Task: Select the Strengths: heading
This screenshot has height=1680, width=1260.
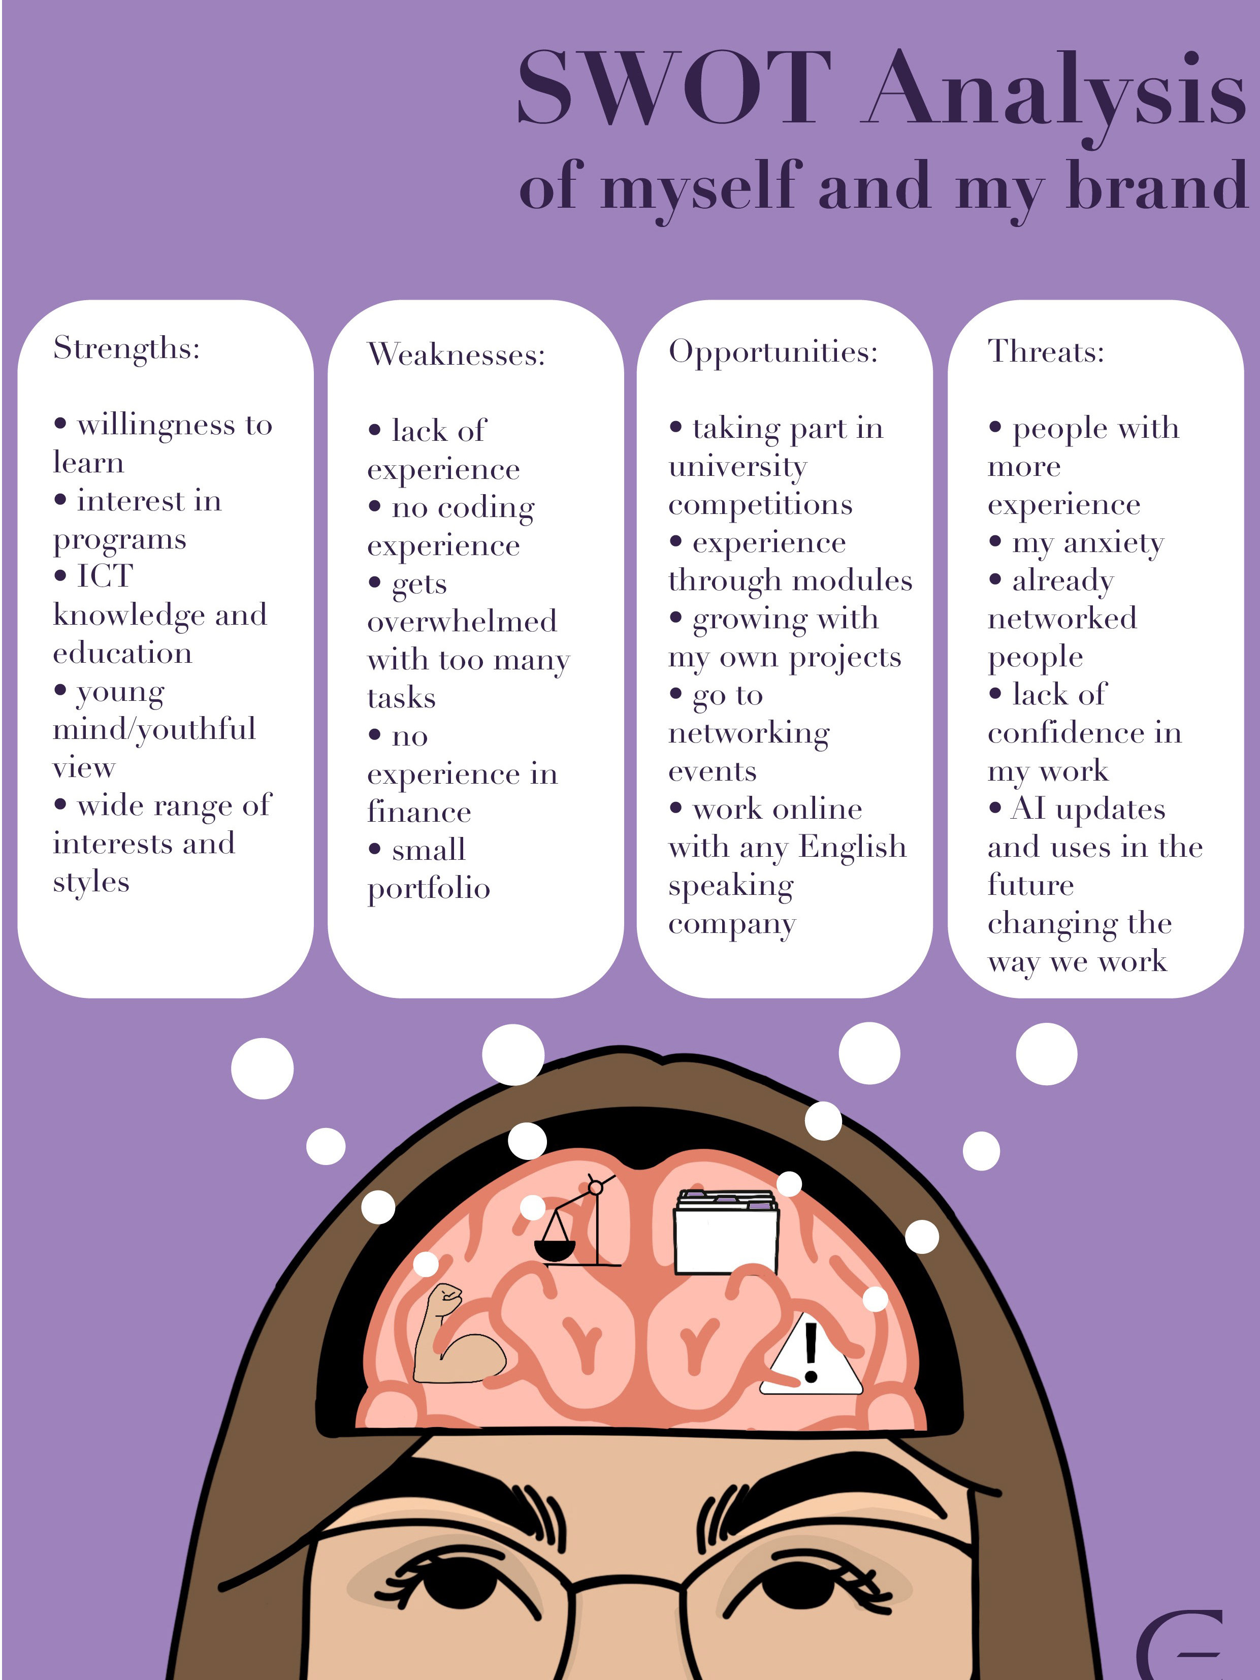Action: click(126, 348)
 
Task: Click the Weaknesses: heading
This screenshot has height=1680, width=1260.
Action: click(456, 354)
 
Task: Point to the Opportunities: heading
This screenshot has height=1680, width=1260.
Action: click(772, 351)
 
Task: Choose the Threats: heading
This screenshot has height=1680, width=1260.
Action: click(1045, 351)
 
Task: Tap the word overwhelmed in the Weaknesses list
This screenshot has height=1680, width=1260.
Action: click(462, 621)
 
